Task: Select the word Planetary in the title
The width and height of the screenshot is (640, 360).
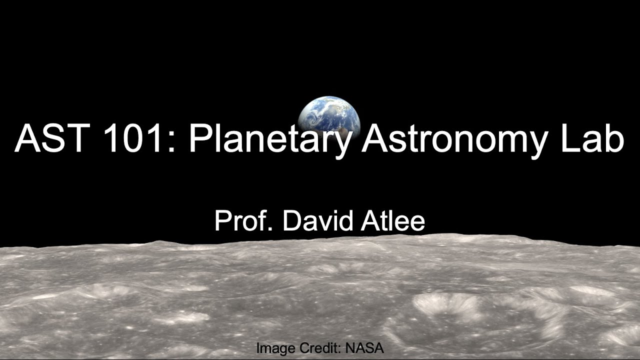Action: tap(270, 140)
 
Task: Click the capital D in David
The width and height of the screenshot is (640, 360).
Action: tap(292, 221)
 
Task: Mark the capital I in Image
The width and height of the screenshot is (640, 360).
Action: tap(258, 348)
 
